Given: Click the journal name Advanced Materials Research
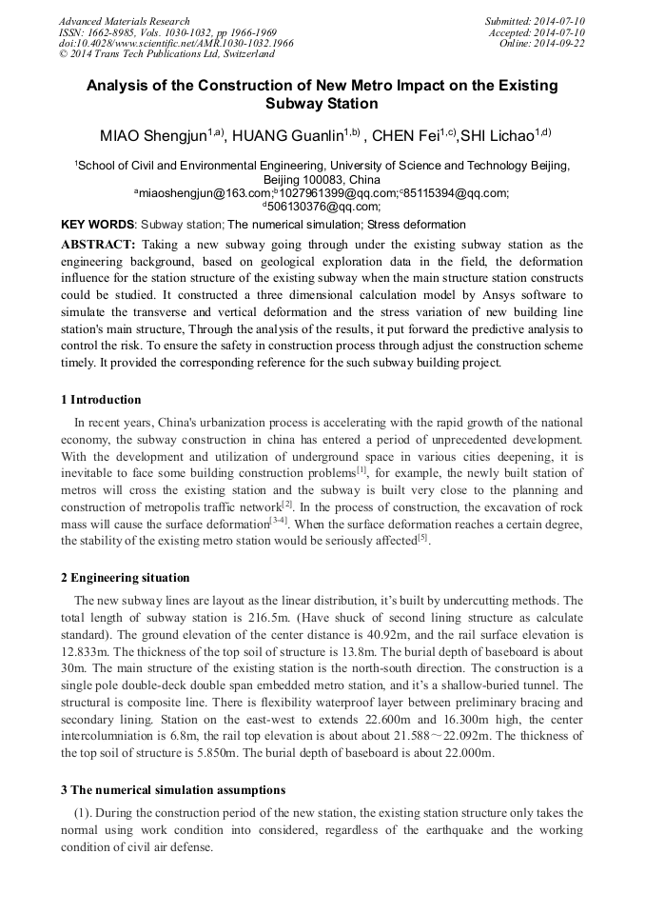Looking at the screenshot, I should click(x=125, y=21).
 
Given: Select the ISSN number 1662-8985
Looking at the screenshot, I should click(x=111, y=32).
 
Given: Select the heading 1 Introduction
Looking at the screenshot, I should click(x=101, y=400).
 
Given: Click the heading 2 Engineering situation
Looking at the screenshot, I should click(x=125, y=578).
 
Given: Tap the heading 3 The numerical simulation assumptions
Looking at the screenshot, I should click(x=172, y=790).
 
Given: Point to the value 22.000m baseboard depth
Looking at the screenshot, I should click(x=468, y=753).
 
